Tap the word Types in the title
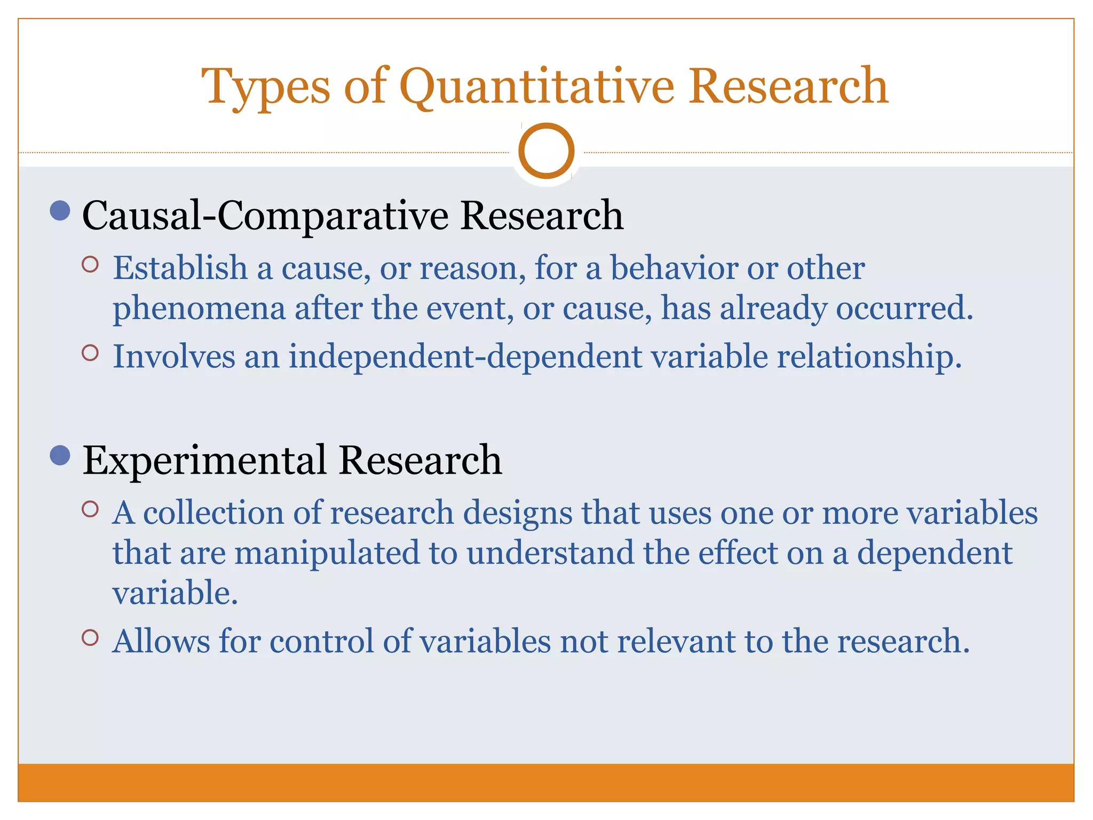[x=266, y=86]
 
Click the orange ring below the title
[x=546, y=151]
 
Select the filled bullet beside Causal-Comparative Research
[x=60, y=211]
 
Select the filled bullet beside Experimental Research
[x=60, y=455]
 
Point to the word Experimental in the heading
[x=204, y=460]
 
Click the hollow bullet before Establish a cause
[x=91, y=264]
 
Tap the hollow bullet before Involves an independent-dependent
[x=91, y=353]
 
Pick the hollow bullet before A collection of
[x=91, y=509]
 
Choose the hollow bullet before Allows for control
[x=91, y=637]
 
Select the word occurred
[x=904, y=308]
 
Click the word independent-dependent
[x=465, y=356]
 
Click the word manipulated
[x=327, y=553]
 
